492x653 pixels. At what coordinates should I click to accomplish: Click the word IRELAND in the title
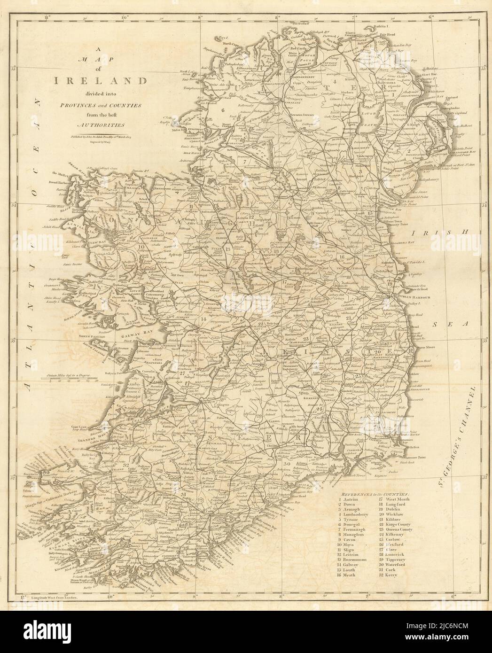coord(96,80)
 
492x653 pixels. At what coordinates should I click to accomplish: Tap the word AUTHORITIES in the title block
coord(96,125)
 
